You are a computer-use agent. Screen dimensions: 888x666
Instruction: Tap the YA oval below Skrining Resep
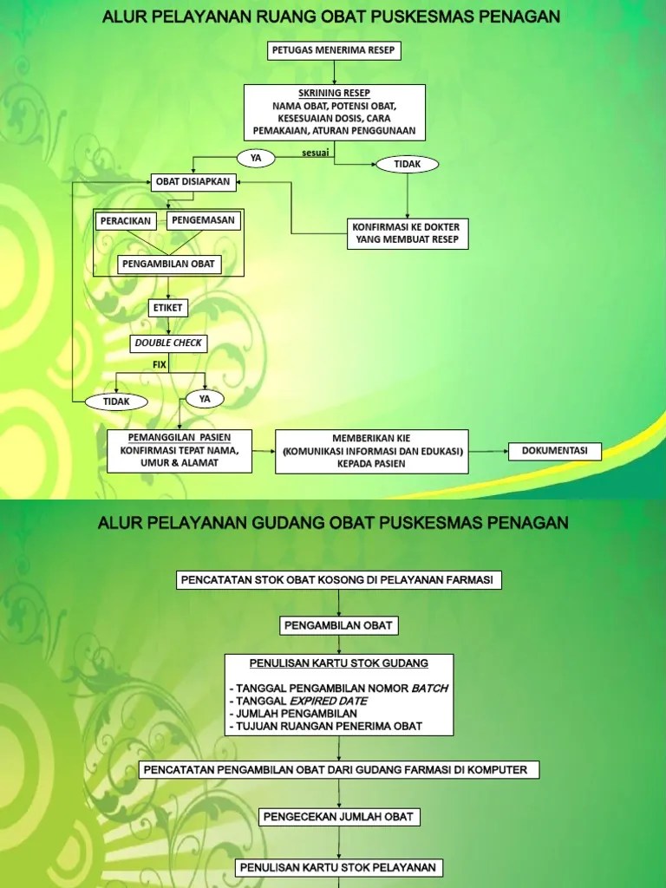pyautogui.click(x=255, y=158)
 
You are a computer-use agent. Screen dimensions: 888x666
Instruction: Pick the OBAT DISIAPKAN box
pyautogui.click(x=193, y=182)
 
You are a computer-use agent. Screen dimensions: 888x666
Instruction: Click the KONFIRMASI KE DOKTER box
pyautogui.click(x=408, y=232)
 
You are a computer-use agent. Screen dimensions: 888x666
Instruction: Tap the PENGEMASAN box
pyautogui.click(x=204, y=220)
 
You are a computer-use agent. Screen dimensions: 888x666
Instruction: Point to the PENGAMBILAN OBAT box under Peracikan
pyautogui.click(x=169, y=264)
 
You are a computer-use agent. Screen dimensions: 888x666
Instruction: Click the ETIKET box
pyautogui.click(x=168, y=307)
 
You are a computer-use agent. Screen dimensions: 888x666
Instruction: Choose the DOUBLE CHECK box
pyautogui.click(x=168, y=343)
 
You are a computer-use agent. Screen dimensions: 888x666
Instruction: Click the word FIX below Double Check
pyautogui.click(x=160, y=365)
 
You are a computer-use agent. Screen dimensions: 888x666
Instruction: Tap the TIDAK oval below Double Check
pyautogui.click(x=116, y=402)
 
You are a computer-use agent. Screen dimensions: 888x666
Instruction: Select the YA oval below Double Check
pyautogui.click(x=206, y=399)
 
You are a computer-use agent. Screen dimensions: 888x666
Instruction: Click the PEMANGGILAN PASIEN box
pyautogui.click(x=180, y=450)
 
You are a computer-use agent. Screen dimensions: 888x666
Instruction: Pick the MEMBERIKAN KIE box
pyautogui.click(x=373, y=451)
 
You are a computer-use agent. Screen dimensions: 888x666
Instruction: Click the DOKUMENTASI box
pyautogui.click(x=555, y=451)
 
